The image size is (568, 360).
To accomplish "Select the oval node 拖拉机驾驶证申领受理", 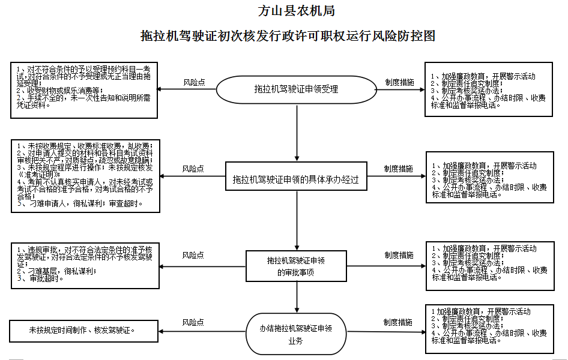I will click(x=297, y=89).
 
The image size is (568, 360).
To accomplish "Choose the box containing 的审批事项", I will click(x=297, y=266).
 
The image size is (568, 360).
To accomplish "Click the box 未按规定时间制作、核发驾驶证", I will click(x=83, y=331).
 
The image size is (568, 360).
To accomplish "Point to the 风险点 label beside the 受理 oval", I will click(x=194, y=82).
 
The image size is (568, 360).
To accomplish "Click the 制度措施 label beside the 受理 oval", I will click(x=399, y=82).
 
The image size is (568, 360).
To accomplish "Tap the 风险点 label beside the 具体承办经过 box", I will click(x=193, y=169).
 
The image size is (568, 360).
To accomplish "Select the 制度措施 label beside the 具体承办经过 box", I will click(x=399, y=169).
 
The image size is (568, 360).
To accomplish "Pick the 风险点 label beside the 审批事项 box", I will click(x=193, y=255).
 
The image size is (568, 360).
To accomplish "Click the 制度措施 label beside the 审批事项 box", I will click(x=399, y=255).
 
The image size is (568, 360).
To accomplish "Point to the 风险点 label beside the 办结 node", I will click(x=193, y=322).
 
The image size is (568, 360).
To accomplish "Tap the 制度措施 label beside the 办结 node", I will click(x=398, y=322).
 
